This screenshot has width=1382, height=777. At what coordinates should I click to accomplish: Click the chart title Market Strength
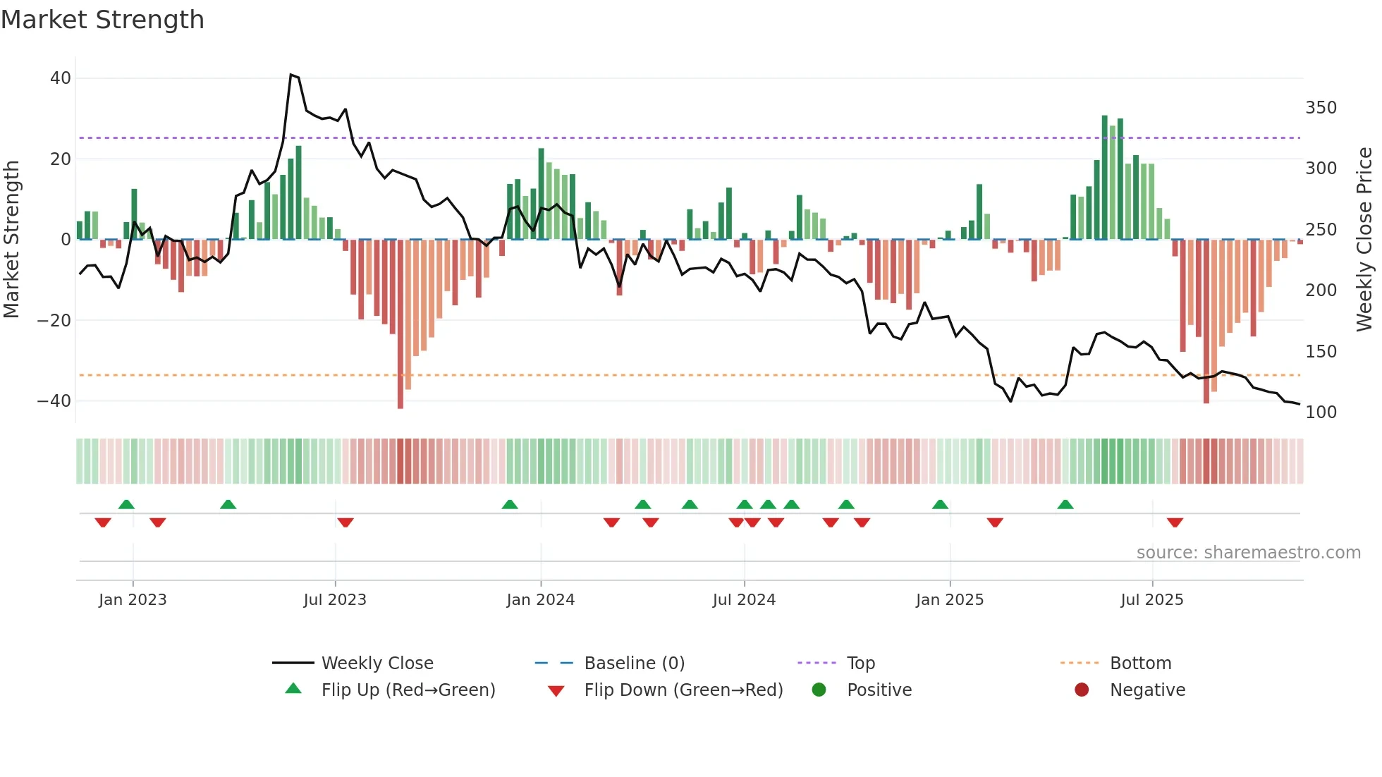coord(102,20)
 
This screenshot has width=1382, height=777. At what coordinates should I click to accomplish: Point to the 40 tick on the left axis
coord(61,78)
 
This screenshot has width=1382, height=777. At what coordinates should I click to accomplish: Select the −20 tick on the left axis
coord(54,320)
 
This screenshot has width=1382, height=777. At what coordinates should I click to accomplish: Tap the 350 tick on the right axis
coord(1321,108)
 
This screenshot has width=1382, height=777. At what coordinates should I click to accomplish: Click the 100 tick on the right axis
coord(1321,412)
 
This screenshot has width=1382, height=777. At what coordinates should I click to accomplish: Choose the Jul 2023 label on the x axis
coord(335,599)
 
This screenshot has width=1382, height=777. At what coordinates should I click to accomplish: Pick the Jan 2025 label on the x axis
coord(949,599)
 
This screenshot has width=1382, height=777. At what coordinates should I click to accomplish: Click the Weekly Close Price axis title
coord(1364,240)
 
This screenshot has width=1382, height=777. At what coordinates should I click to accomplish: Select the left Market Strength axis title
coord(12,240)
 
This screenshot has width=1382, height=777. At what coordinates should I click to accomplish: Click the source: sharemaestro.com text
coord(1248,552)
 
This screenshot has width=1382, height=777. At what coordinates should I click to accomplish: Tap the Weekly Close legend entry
coord(377,663)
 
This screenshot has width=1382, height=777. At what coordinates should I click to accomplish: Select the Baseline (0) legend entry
coord(634,663)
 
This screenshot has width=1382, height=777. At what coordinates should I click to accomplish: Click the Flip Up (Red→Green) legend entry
coord(408,690)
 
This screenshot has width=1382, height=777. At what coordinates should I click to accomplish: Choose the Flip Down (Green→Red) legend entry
coord(683,690)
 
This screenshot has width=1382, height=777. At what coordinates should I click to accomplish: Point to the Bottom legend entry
coord(1140,663)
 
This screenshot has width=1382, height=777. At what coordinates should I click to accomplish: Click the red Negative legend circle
coord(1082,690)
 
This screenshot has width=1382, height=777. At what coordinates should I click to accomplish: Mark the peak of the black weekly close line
coord(291,75)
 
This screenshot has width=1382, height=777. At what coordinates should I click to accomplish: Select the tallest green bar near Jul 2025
coord(1105,176)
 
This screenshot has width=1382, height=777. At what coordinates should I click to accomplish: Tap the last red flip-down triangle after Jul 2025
coord(1175,522)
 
